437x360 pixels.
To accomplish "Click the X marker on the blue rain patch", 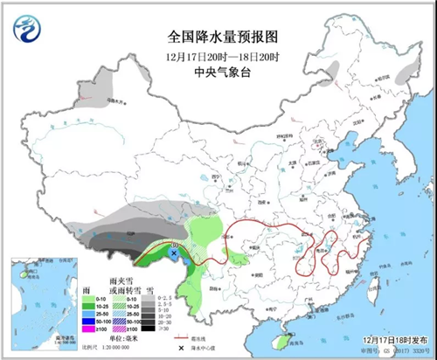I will coord(174,253).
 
